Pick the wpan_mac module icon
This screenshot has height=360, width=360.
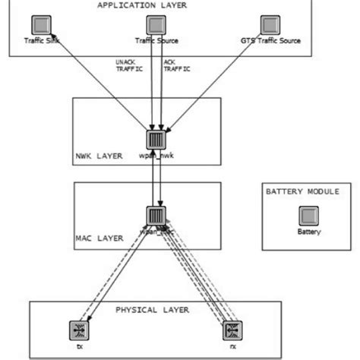click(x=156, y=216)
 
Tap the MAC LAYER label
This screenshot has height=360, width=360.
click(x=99, y=238)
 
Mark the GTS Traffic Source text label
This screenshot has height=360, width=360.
click(x=270, y=40)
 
